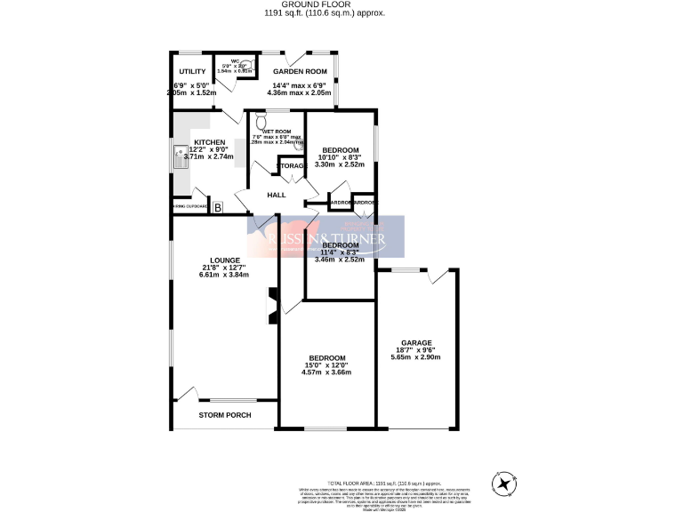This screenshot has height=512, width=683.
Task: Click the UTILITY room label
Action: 192,71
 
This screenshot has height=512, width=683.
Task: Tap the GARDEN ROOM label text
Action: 300,71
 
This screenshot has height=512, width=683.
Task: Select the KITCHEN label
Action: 210,142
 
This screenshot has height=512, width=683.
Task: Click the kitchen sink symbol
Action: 181,156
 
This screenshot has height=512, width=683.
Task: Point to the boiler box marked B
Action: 216,207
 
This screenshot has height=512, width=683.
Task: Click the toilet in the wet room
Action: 261,119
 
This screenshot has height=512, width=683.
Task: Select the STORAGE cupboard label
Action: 292,166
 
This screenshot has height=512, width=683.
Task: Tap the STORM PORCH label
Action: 224,415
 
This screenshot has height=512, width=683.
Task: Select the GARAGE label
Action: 415,342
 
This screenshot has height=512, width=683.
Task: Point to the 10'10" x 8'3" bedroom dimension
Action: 340,156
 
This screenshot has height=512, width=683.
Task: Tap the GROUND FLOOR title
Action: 341,5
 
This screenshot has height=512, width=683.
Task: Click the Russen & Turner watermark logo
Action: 326,238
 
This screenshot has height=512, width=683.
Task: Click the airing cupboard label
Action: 189,208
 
